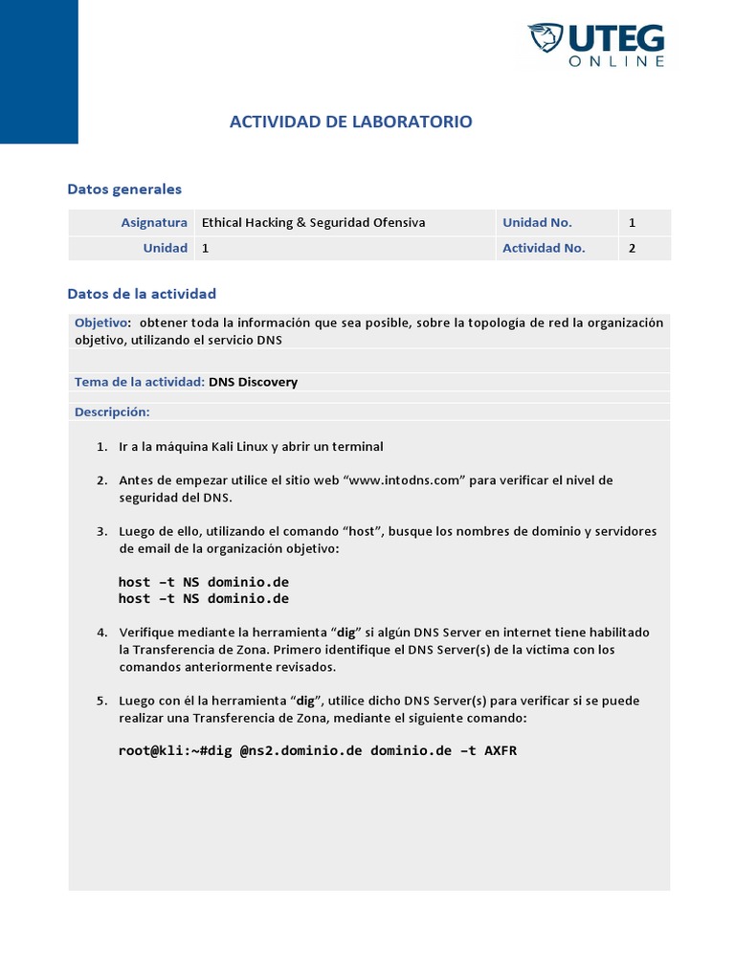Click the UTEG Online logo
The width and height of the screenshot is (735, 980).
tap(595, 45)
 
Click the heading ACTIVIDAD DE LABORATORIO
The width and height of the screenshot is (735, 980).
tap(350, 122)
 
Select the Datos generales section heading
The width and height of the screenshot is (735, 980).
tap(124, 189)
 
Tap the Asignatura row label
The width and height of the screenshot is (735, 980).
tap(153, 222)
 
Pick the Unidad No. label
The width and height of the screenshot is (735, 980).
tap(537, 222)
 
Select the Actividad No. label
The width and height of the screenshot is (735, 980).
tap(544, 248)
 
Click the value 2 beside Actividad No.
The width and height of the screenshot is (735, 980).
tap(633, 248)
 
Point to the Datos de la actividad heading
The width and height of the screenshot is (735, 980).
tap(142, 294)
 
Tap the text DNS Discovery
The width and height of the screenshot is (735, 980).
tap(253, 382)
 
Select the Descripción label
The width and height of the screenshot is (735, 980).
tap(112, 412)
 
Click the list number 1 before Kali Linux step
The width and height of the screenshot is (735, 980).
tap(101, 447)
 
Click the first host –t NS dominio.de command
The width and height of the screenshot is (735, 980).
tap(203, 582)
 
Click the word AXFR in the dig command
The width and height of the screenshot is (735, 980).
tap(500, 750)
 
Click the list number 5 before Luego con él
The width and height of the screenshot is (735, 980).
tap(101, 701)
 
